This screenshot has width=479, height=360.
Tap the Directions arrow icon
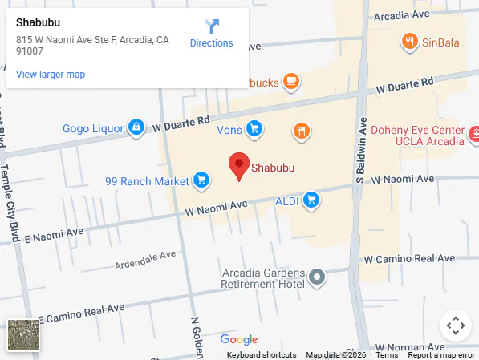tap(212, 26)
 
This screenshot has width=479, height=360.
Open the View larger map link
tap(51, 75)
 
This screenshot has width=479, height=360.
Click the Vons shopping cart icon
tap(254, 128)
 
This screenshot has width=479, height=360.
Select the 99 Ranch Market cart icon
tap(201, 180)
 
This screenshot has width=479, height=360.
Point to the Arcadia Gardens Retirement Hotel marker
tap(318, 277)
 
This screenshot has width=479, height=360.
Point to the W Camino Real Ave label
tap(409, 259)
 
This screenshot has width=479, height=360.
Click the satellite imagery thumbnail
tap(22, 335)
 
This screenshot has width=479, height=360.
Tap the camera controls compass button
tap(455, 325)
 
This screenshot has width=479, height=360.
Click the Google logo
tap(238, 339)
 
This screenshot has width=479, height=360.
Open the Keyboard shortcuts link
tap(262, 355)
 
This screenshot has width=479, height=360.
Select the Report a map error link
tap(442, 355)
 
